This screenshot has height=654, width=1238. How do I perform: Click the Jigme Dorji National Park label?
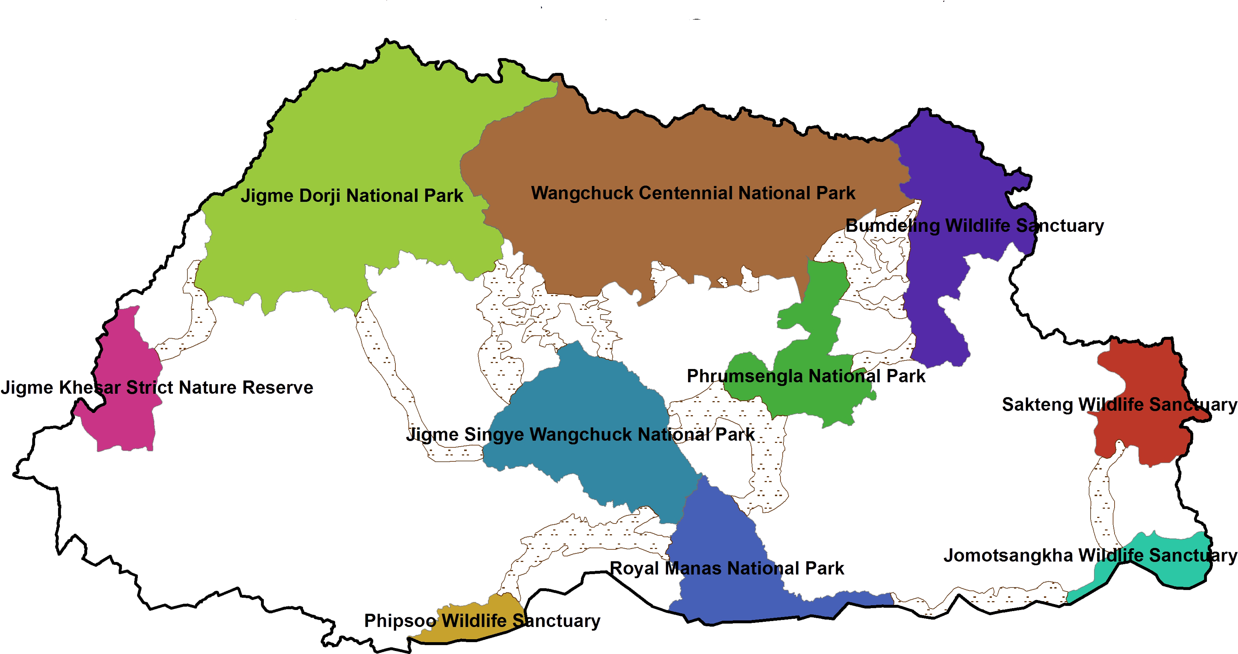tap(352, 196)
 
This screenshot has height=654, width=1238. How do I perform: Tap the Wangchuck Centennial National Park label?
tap(693, 193)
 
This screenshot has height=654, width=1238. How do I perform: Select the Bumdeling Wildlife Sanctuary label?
tap(975, 225)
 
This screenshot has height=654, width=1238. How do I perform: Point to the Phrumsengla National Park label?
tap(806, 376)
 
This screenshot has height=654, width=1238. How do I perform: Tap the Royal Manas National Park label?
tap(727, 568)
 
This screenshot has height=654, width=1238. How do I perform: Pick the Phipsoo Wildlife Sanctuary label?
tap(482, 621)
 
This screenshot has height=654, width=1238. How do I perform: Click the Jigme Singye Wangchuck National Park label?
tap(580, 435)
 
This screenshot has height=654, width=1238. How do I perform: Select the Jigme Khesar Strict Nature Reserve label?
tap(157, 387)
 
